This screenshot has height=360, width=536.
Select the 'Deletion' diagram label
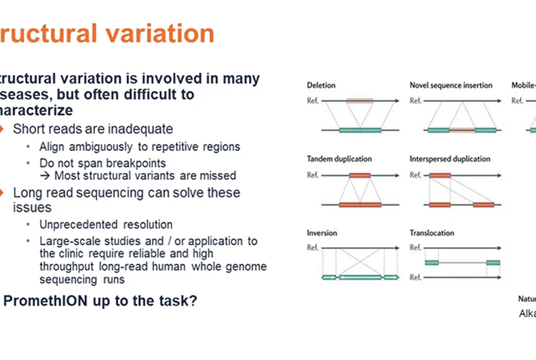[x=321, y=84]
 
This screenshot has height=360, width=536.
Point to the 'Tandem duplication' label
[x=339, y=159]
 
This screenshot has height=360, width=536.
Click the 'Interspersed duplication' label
[x=452, y=159]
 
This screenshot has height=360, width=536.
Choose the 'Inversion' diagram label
[x=322, y=233]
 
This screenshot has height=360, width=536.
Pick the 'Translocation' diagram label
[x=434, y=233]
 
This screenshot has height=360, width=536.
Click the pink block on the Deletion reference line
[x=360, y=100]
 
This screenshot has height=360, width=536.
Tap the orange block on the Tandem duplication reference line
[x=360, y=175]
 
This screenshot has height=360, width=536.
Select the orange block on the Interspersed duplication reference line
[x=440, y=175]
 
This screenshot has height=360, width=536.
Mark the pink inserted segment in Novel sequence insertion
[x=462, y=130]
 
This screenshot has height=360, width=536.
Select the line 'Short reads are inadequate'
[x=93, y=129]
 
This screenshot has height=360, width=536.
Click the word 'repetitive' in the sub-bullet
[x=157, y=146]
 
